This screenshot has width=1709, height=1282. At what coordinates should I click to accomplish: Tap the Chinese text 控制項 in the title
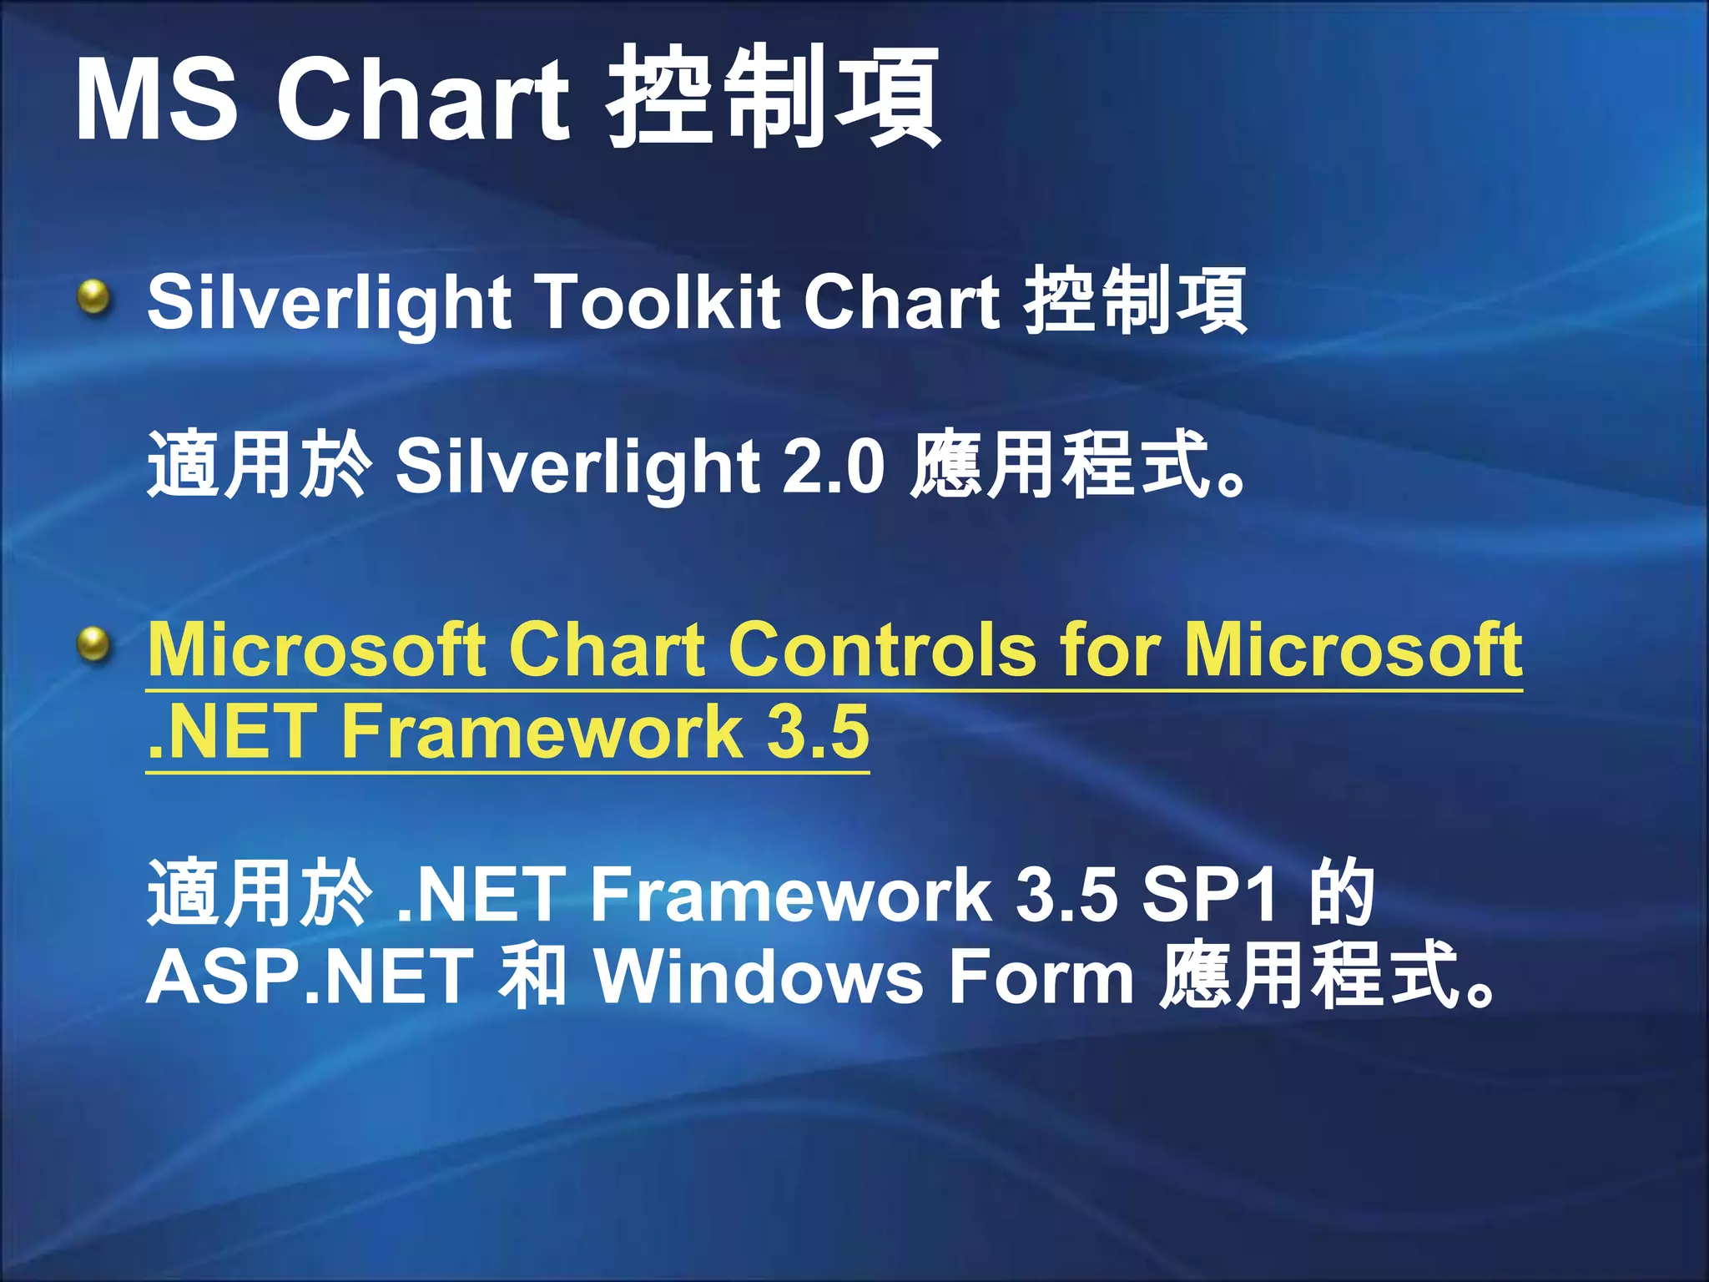[x=774, y=98]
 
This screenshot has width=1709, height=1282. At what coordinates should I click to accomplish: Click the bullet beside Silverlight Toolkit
[x=94, y=298]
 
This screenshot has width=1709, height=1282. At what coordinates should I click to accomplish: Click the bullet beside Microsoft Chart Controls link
[x=94, y=644]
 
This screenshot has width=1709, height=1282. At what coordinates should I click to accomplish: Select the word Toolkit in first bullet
[x=657, y=300]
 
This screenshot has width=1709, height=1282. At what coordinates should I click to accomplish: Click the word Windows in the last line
[x=759, y=977]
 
